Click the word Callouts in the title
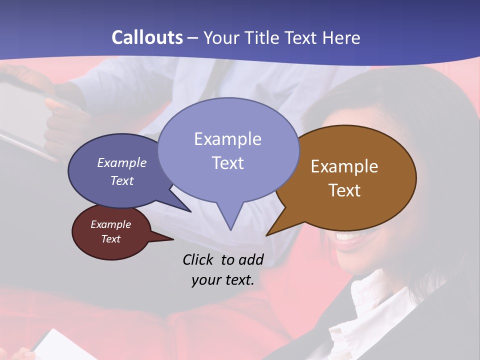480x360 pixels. [147, 37]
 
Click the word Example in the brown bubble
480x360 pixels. [344, 166]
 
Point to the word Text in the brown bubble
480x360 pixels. [344, 190]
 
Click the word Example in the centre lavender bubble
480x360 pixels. [227, 139]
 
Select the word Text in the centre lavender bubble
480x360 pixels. [227, 163]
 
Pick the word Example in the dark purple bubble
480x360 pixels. [121, 162]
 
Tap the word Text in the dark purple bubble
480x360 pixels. [121, 180]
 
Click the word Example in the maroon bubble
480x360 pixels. [110, 224]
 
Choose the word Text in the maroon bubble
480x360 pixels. [110, 239]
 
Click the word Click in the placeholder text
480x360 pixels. [199, 259]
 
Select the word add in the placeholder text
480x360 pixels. [250, 259]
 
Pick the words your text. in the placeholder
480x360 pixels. [223, 280]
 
